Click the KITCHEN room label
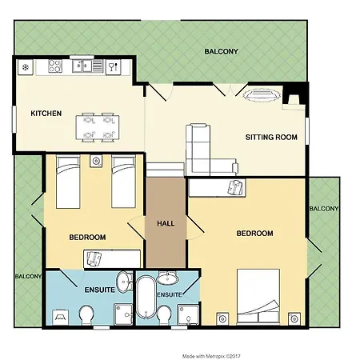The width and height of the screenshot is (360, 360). (46, 114)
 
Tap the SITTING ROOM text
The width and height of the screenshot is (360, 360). (271, 138)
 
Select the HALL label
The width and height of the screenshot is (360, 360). (166, 223)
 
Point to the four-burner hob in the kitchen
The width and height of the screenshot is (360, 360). (55, 66)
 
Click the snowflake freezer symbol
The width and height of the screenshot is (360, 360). (26, 67)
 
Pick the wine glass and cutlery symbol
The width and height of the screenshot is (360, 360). (114, 66)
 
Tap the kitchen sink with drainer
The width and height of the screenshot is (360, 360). (87, 66)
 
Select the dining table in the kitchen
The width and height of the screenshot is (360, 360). (98, 127)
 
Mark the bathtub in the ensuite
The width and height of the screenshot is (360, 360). (146, 297)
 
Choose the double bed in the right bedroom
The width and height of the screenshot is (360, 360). (258, 297)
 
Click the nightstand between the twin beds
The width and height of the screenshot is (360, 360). (96, 161)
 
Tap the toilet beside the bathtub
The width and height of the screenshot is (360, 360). (164, 315)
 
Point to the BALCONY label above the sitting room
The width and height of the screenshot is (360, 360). (221, 51)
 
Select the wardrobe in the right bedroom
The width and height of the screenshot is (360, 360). (217, 188)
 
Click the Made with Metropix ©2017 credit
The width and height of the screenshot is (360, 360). (211, 356)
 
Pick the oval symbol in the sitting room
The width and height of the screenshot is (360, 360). (262, 95)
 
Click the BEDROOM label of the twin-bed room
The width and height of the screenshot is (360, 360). (87, 238)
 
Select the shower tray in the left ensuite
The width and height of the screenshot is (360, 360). (123, 314)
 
